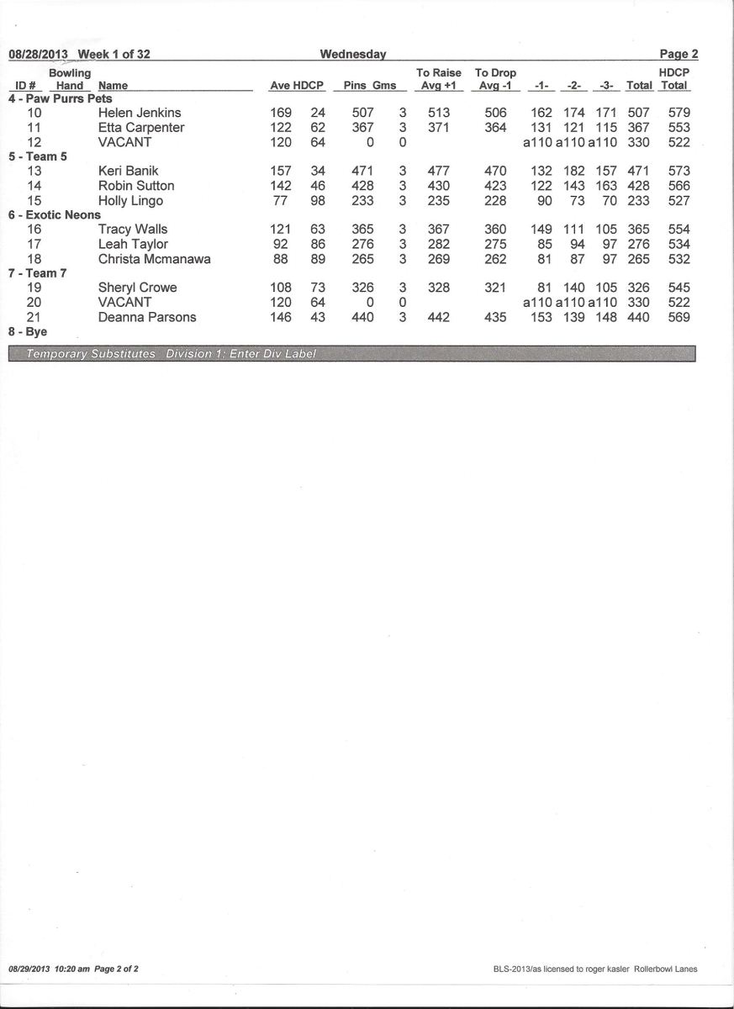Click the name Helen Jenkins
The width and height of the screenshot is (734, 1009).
[x=140, y=113]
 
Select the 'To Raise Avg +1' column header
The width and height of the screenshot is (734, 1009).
[x=439, y=79]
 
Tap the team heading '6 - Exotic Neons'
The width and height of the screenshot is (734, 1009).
[x=54, y=215]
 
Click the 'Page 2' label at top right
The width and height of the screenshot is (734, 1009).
[x=679, y=55]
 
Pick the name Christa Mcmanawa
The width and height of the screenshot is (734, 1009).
[x=155, y=259]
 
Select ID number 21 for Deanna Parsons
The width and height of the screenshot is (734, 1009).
[x=34, y=317]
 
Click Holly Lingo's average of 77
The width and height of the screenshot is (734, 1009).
[x=280, y=201]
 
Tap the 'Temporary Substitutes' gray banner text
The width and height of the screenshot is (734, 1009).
[x=91, y=354]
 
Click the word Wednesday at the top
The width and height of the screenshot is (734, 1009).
[x=353, y=55]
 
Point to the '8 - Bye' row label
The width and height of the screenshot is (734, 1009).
[x=28, y=332]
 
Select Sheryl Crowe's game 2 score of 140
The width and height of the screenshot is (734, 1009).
[x=573, y=288]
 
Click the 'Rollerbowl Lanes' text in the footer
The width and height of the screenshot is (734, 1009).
[x=668, y=969]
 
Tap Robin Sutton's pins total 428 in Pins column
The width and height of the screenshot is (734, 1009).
[x=362, y=186]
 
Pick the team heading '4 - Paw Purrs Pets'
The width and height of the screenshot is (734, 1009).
[x=60, y=98]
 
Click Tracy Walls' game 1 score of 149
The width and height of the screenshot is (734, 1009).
[x=541, y=230]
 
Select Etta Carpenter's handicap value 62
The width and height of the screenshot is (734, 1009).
[x=318, y=128]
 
